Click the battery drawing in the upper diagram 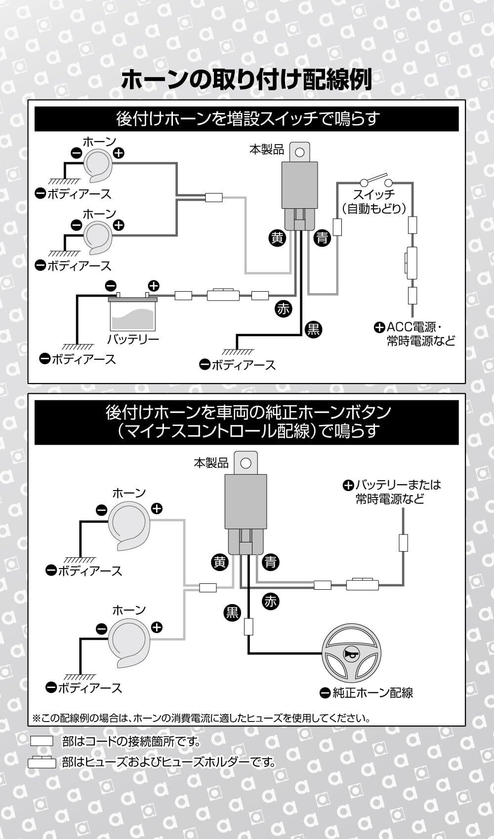[x=133, y=314]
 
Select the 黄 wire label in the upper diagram [x=277, y=238]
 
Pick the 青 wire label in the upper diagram [x=322, y=238]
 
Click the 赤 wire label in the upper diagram [x=283, y=309]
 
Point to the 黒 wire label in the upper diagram [x=313, y=329]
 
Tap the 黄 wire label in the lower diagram [x=220, y=562]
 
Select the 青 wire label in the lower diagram [x=270, y=562]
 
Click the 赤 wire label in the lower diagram [x=270, y=601]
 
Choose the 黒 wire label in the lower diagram [x=232, y=613]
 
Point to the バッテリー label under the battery [x=133, y=339]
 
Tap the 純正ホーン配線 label [x=372, y=693]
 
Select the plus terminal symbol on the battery [x=154, y=286]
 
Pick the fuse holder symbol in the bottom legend [x=41, y=763]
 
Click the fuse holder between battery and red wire [x=223, y=295]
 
